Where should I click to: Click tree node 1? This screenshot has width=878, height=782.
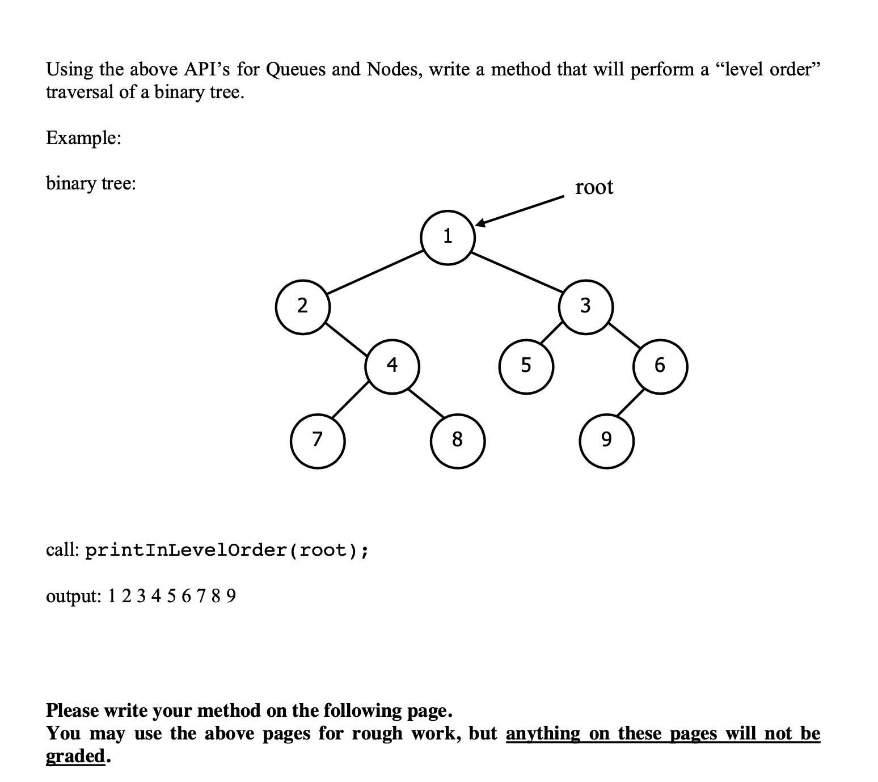448,238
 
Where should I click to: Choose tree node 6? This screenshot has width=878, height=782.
660,366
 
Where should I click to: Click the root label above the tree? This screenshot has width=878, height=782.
594,187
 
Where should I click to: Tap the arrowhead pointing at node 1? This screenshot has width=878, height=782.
480,223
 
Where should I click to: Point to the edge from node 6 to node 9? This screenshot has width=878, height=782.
631,403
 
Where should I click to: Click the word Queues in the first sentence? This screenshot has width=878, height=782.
295,69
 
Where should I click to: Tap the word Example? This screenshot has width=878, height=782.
83,138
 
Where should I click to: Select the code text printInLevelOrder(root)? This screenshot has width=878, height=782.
227,550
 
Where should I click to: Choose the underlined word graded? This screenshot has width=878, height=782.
75,756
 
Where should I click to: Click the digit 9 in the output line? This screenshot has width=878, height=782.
231,596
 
